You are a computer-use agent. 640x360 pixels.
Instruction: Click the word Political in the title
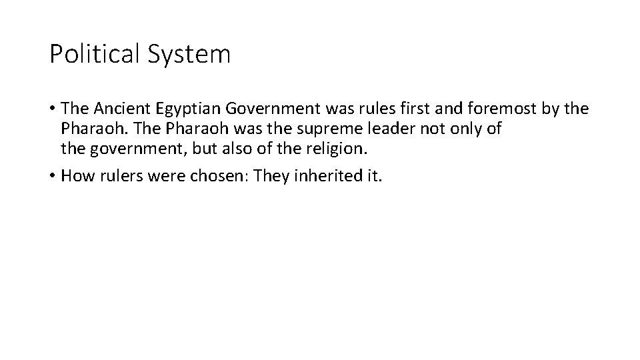(x=93, y=54)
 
